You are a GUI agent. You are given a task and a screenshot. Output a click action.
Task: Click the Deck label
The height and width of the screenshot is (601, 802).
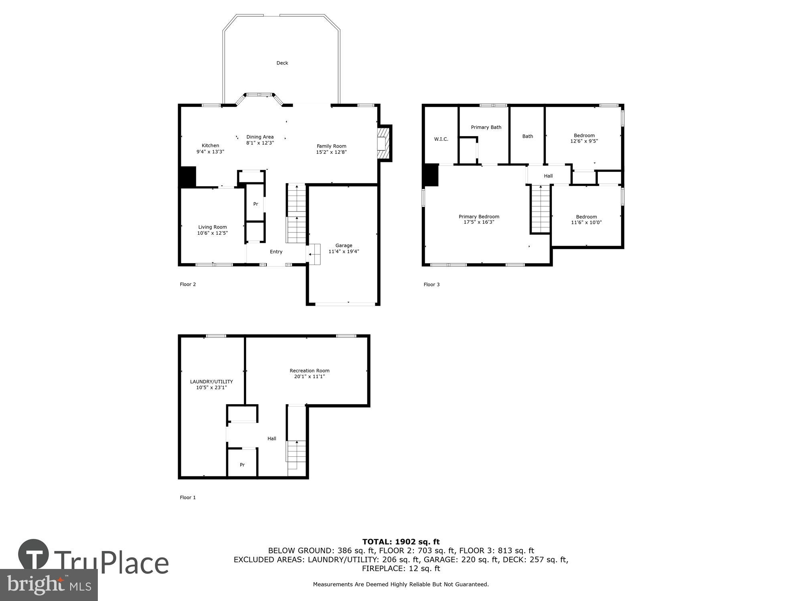(x=282, y=63)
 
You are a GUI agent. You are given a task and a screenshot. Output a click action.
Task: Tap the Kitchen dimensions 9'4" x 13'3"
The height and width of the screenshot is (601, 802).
(x=210, y=152)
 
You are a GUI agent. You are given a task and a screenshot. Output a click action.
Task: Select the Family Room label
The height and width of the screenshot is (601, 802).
(x=331, y=146)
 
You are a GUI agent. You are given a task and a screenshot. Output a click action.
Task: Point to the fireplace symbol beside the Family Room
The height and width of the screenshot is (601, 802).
(x=383, y=143)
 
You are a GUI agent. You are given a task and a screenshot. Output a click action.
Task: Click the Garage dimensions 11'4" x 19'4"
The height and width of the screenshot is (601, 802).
(x=344, y=252)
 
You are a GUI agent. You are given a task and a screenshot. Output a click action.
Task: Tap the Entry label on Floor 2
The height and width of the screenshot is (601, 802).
(x=276, y=252)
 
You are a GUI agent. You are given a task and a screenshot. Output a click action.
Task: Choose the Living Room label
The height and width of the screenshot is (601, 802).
(x=212, y=227)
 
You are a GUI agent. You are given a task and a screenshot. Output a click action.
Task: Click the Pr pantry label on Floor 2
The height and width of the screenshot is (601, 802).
(x=255, y=204)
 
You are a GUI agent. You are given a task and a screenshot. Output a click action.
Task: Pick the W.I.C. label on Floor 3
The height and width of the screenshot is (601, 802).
(x=441, y=139)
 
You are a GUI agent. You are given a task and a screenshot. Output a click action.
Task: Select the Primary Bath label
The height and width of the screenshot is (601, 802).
(x=486, y=127)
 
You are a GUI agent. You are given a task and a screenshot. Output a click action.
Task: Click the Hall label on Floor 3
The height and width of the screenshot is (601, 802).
(x=548, y=176)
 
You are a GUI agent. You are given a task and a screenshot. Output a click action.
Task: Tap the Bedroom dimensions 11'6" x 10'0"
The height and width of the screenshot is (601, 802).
(x=586, y=222)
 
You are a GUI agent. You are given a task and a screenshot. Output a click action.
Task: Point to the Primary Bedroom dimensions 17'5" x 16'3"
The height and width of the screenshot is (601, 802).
(x=479, y=222)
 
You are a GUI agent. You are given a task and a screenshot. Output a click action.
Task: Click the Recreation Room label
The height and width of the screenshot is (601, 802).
(x=309, y=371)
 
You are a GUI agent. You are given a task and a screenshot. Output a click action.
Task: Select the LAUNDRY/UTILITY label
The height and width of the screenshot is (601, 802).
(x=211, y=382)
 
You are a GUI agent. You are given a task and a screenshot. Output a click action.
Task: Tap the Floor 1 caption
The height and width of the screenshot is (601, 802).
(x=188, y=497)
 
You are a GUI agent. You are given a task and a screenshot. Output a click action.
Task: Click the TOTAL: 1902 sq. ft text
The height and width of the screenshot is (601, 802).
(x=401, y=542)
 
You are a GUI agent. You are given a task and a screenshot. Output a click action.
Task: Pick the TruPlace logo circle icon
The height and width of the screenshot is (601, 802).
(x=34, y=555)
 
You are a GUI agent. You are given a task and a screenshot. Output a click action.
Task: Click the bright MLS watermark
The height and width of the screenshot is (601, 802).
(x=49, y=585)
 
